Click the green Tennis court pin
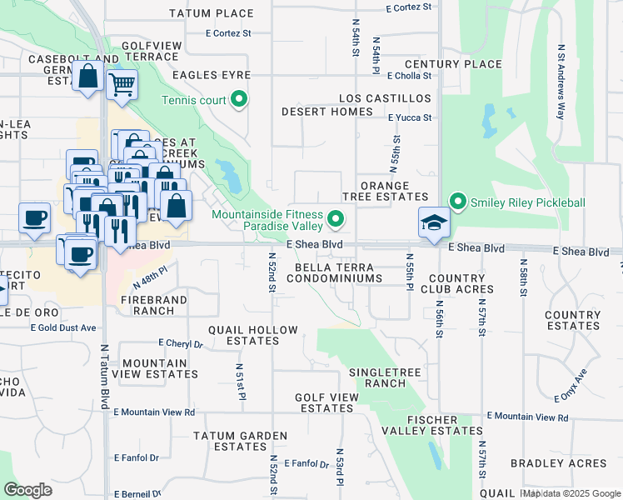[240, 100]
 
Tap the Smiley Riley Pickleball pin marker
[457, 202]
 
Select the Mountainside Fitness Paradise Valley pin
[336, 220]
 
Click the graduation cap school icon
[434, 222]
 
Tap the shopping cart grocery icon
[122, 84]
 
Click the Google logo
[27, 490]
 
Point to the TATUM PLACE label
[211, 13]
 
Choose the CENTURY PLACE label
[453, 64]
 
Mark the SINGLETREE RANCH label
[377, 377]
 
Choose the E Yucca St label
[411, 117]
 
